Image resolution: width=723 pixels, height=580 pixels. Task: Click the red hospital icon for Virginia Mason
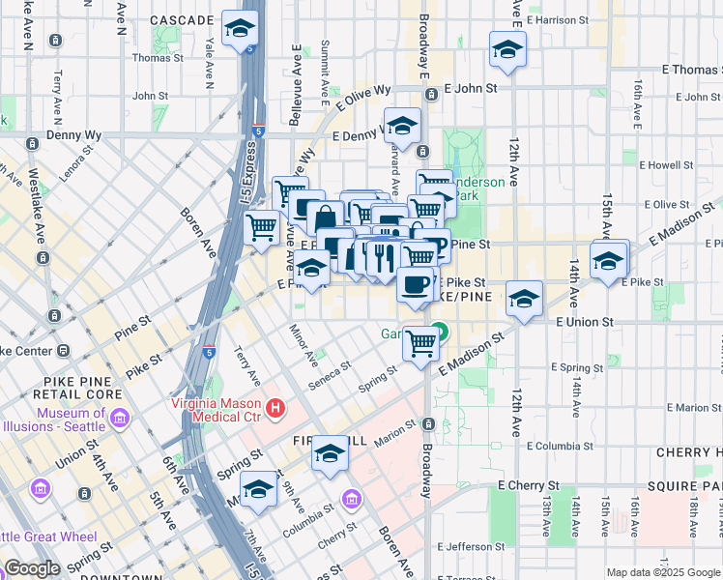276,409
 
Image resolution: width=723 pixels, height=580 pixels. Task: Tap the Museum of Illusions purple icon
119,418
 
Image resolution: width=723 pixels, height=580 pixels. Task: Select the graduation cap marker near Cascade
240,29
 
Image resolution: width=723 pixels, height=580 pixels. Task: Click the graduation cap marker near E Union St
524,299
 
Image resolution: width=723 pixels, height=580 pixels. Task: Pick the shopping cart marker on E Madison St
420,343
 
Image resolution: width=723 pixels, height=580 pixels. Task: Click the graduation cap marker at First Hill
330,453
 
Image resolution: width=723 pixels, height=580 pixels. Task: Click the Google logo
32,568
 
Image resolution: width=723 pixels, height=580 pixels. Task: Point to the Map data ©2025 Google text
663,572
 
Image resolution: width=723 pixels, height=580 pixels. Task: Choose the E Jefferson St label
482,547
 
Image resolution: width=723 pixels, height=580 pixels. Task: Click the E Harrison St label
559,19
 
